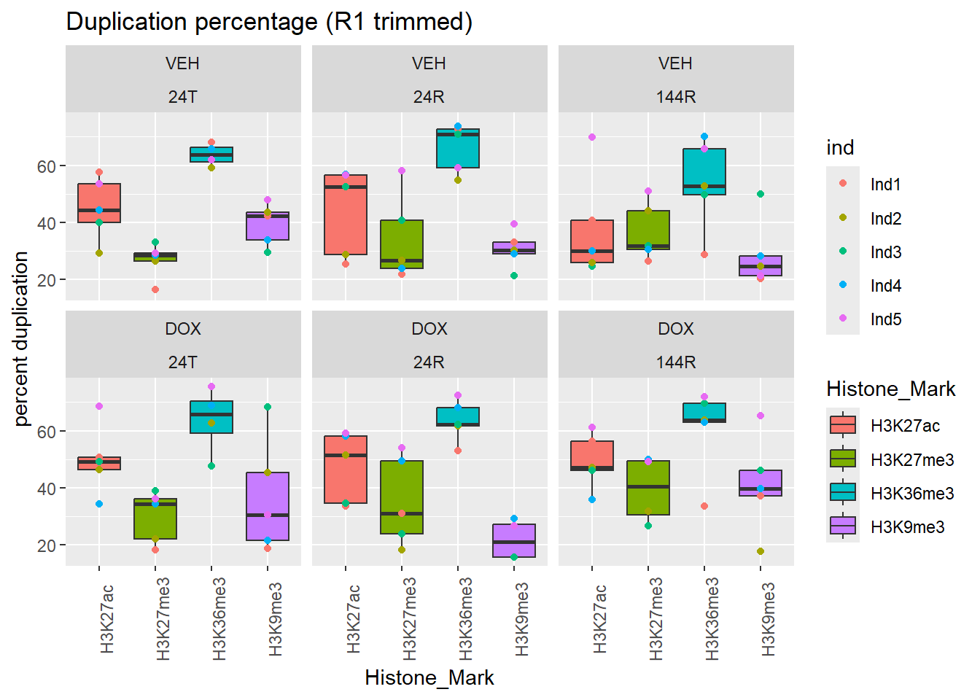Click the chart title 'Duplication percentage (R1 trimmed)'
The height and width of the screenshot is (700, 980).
(x=269, y=22)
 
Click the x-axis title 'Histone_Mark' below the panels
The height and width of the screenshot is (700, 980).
(x=429, y=678)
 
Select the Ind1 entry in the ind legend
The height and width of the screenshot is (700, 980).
(x=885, y=184)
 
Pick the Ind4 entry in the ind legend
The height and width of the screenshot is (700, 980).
(x=885, y=286)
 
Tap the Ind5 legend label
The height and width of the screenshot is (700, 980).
(x=885, y=319)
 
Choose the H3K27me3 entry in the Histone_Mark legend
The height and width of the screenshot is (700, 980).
(x=911, y=459)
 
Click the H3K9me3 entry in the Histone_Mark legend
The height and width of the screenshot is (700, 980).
(x=907, y=526)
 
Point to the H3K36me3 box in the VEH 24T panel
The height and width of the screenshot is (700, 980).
(x=211, y=154)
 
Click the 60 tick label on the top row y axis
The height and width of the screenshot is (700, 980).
(x=47, y=167)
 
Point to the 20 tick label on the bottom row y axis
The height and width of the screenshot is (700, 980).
(x=47, y=545)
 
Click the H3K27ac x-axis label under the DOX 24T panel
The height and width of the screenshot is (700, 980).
(x=106, y=618)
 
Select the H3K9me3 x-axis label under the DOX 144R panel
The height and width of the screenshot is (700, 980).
(x=767, y=618)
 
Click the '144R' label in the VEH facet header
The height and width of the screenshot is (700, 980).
(x=676, y=97)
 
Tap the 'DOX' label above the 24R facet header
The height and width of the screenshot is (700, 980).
(x=429, y=329)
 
